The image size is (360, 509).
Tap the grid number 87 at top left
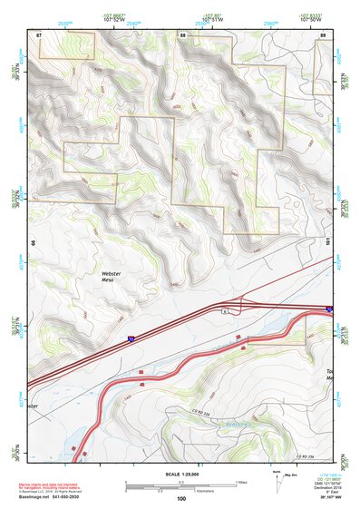coord(39,34)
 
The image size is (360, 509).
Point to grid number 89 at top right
coord(323,34)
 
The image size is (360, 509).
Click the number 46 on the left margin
coord(32,243)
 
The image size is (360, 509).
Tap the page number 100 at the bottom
coord(181,499)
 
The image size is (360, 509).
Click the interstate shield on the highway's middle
coord(131,338)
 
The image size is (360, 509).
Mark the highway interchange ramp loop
coord(241,308)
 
